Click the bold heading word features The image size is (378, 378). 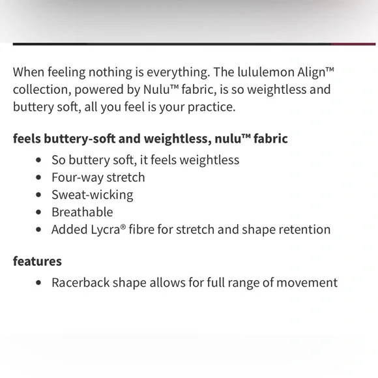pyautogui.click(x=37, y=261)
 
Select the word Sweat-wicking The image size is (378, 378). pyautogui.click(x=92, y=195)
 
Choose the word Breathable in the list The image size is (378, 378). pyautogui.click(x=82, y=212)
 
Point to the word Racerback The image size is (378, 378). pyautogui.click(x=82, y=283)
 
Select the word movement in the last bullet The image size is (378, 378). pyautogui.click(x=307, y=283)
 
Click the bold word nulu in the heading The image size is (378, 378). pyautogui.click(x=227, y=139)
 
